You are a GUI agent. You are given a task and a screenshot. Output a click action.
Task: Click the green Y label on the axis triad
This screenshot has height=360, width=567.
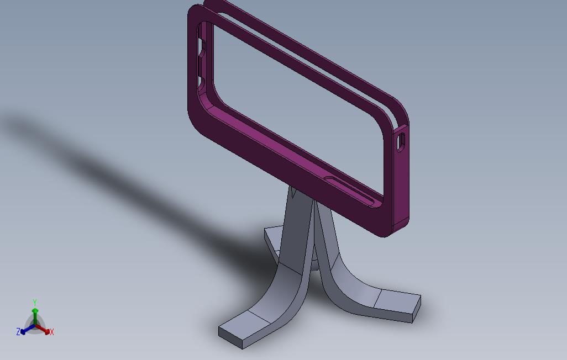[x=35, y=302]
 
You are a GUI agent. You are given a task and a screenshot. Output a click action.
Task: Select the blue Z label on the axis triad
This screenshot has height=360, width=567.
[x=18, y=332]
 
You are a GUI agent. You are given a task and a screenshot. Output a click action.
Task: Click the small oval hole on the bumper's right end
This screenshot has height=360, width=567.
[x=401, y=141]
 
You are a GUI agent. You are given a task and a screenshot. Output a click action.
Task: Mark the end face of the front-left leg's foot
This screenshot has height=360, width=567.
[x=230, y=338]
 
